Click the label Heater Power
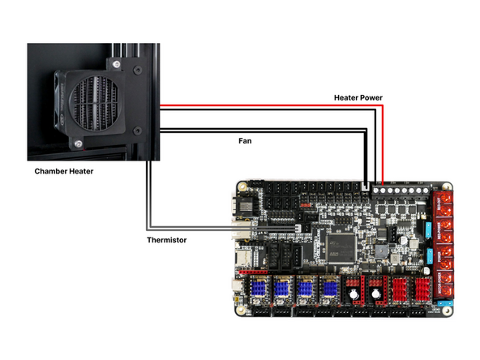point(358,97)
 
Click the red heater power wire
point(268,106)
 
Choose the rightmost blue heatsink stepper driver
point(329,288)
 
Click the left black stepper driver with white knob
point(354,288)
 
